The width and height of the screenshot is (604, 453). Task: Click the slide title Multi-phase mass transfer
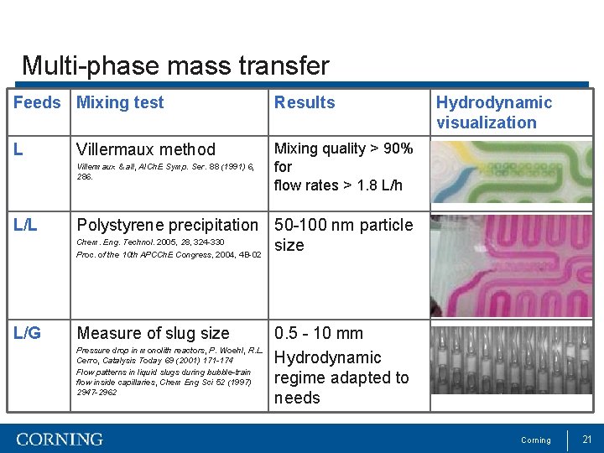pos(175,65)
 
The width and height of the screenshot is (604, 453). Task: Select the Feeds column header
pos(37,103)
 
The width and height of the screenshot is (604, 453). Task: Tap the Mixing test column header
pos(120,103)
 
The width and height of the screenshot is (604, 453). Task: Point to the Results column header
pos(305,103)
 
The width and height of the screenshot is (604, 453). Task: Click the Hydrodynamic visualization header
pos(493,112)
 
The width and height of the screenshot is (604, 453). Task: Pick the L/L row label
pos(27,225)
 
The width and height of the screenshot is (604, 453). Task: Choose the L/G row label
pos(28,334)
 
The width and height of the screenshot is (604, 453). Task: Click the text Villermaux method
pos(146,150)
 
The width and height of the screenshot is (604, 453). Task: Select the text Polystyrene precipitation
pos(167,225)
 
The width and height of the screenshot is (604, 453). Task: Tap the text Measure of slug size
pos(153,334)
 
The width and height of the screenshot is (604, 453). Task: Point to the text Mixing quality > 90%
pos(344,148)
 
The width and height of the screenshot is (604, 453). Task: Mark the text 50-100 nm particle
pos(344,225)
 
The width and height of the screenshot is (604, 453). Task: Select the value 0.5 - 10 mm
pos(319,334)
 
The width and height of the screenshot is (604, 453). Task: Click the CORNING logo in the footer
pos(60,440)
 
